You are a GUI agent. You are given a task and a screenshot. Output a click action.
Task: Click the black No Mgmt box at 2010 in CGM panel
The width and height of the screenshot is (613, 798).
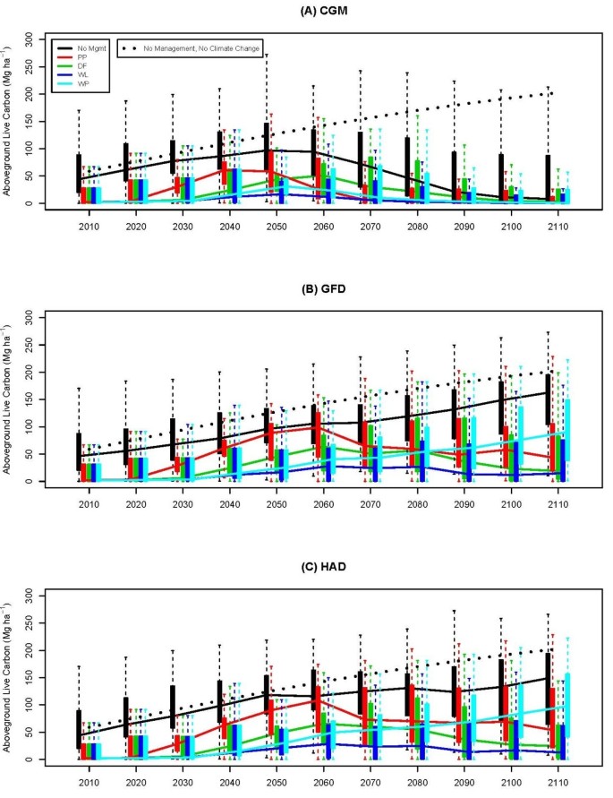[x=79, y=173]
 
